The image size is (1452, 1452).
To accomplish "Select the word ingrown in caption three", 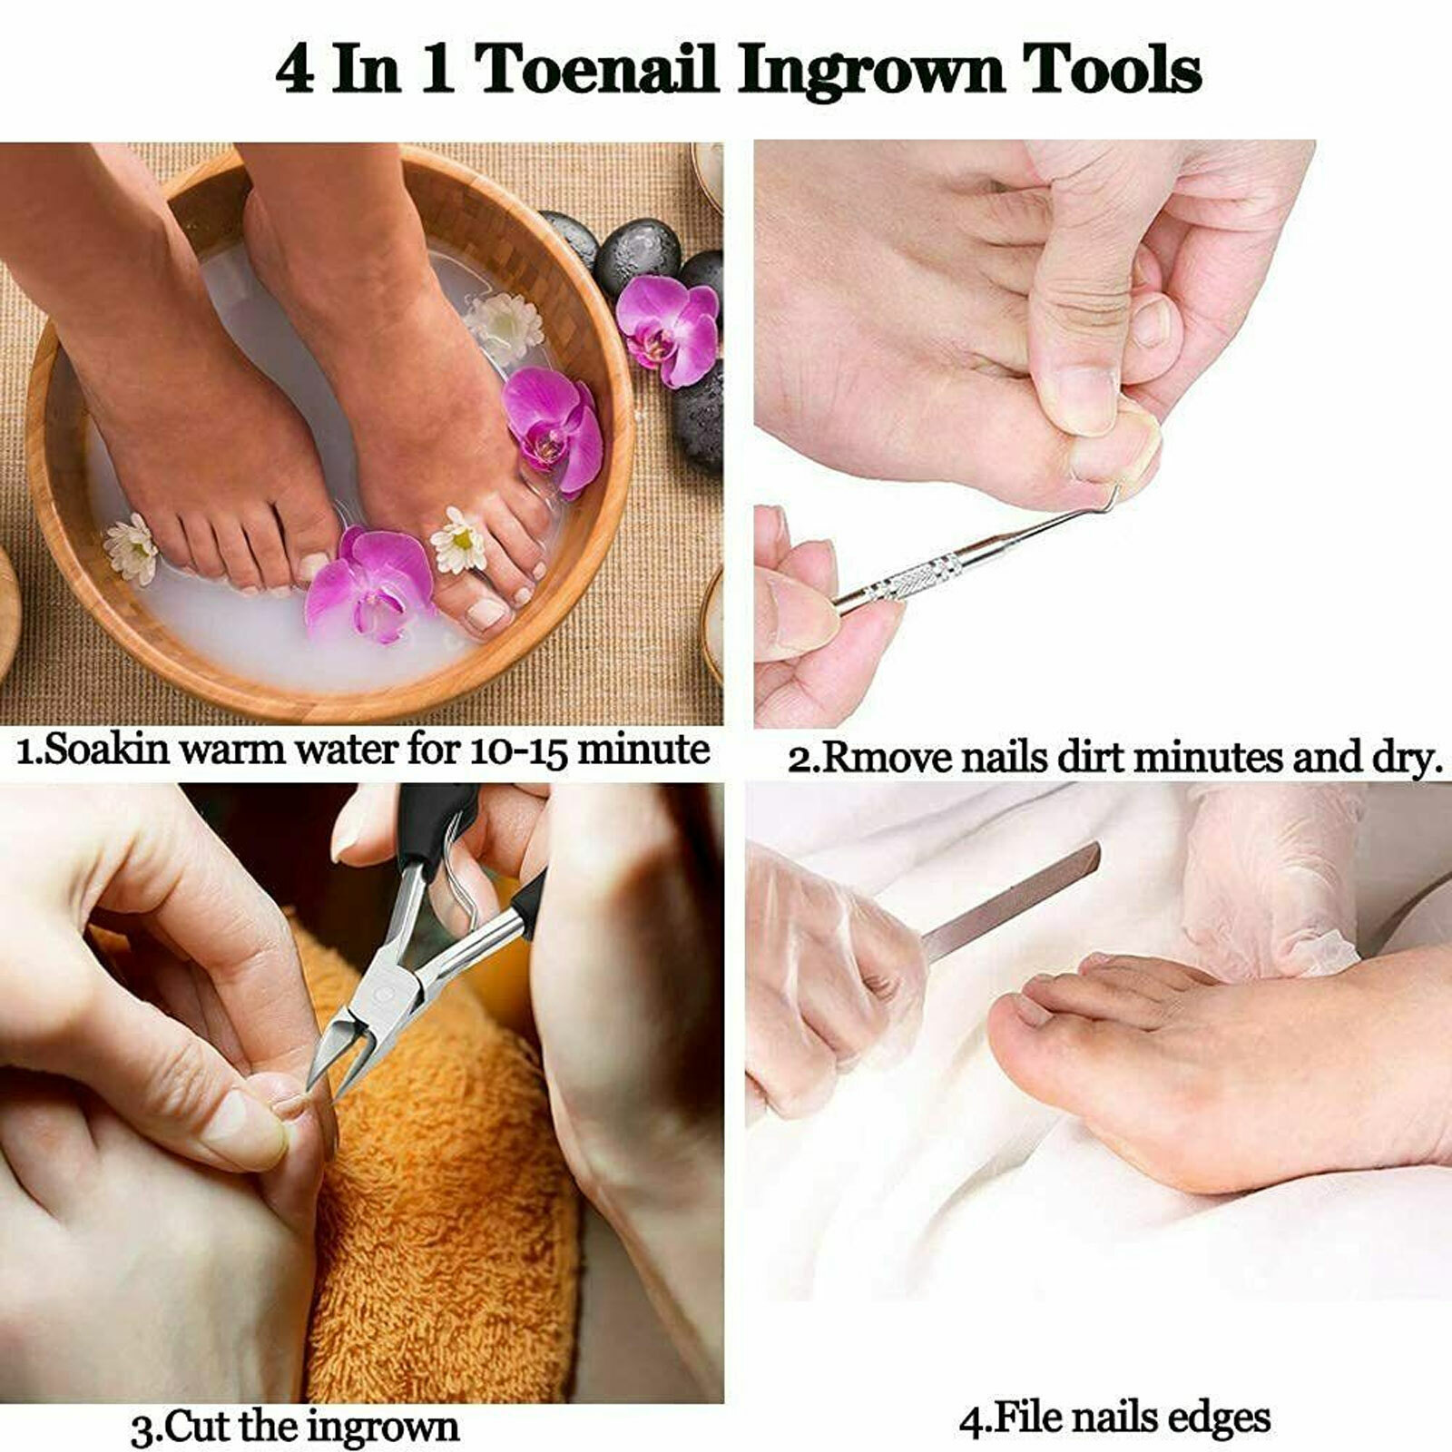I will pos(382,1427).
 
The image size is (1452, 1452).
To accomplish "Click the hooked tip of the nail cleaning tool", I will pos(1119,495).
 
